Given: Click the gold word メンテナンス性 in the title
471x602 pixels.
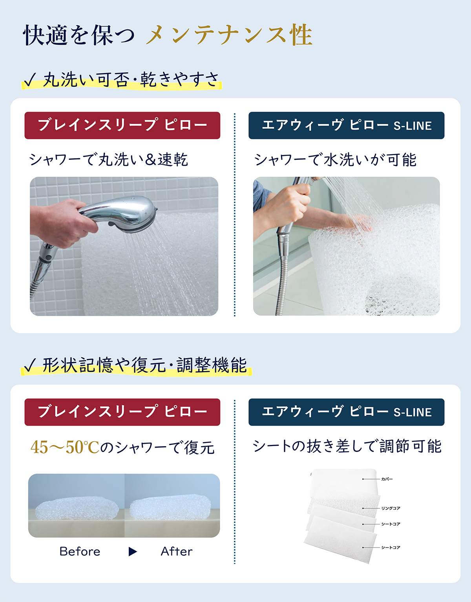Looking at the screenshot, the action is pos(229,35).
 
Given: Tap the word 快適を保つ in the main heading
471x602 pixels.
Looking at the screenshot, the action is pos(79,35).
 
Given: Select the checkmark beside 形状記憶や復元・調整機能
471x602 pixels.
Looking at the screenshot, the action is pos(30,366).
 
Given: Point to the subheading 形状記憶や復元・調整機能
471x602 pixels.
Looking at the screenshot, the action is pos(144,365).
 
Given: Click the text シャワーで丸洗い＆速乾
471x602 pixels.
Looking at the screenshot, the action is pos(109,160).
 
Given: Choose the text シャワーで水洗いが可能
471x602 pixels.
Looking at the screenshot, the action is pos(335,160).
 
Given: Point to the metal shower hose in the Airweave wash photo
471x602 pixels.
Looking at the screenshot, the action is pos(283,274).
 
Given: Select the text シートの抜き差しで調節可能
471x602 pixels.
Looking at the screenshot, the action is pos(347,446).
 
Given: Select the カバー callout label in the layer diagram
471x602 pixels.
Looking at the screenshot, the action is pos(387,479).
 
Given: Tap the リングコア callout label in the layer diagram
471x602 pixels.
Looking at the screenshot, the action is pos(391,509).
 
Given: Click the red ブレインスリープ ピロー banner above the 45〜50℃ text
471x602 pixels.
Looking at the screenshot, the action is pos(122,412).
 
